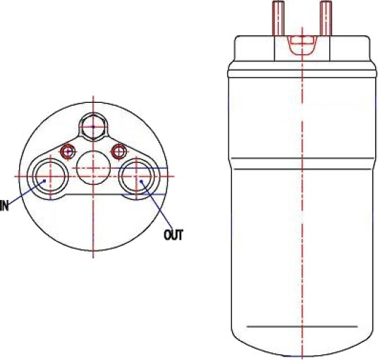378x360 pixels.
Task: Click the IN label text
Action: (4, 206)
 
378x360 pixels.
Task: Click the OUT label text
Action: (173, 235)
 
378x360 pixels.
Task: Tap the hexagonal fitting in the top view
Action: (93, 127)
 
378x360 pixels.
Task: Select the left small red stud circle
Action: (68, 151)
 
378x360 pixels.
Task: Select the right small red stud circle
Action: (119, 151)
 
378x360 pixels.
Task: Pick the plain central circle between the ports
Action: (93, 168)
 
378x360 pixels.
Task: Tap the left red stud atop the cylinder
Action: (278, 18)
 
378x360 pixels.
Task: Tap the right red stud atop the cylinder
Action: (326, 18)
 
